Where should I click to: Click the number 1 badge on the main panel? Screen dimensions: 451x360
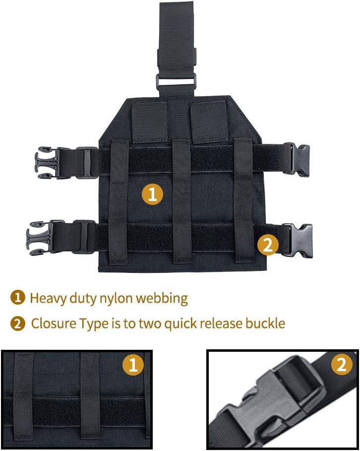coord(153,193)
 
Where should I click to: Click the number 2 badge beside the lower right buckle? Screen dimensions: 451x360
coord(268,245)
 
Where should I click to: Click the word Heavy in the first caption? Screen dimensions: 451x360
coord(45,298)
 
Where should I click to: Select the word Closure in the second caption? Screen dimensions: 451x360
coord(52,324)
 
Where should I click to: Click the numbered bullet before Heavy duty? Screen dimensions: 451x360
coord(17,298)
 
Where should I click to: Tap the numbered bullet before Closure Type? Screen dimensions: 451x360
coord(17,324)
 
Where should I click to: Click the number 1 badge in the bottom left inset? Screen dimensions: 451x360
coord(133,366)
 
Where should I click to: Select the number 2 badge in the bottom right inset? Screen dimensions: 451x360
coord(342,366)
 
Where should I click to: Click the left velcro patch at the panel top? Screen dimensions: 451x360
coord(149,122)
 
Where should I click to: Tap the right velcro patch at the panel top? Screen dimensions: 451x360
coord(207,122)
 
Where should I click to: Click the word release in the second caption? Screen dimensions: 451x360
coord(223,324)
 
